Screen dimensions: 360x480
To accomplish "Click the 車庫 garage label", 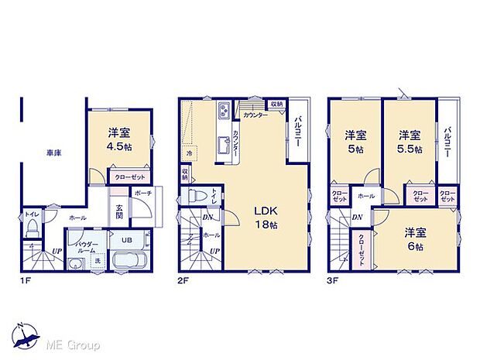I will (x=53, y=153).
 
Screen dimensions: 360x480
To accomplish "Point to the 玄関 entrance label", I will (x=120, y=212).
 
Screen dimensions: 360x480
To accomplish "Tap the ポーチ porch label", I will (x=142, y=193).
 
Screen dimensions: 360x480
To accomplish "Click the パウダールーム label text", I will (x=84, y=248).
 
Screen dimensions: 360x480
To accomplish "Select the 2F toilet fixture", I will (x=200, y=195).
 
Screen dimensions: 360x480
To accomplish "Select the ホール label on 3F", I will (x=366, y=197).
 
